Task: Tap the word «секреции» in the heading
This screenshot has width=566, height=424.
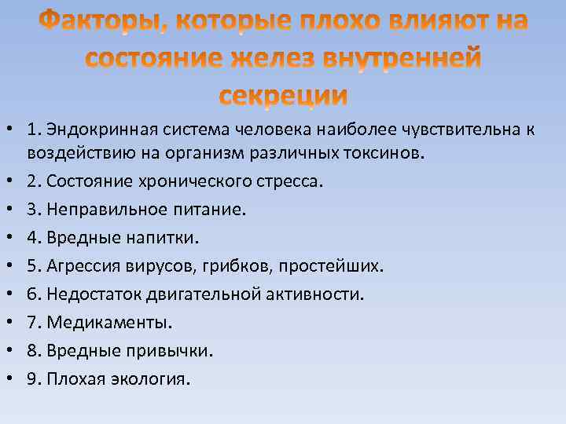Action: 283,95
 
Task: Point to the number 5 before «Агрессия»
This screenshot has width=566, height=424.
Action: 51,266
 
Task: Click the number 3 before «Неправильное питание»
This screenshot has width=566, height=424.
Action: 51,210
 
